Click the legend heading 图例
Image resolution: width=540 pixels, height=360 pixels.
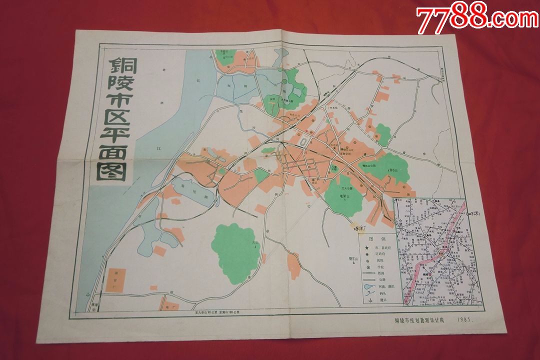[x=378, y=239]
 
